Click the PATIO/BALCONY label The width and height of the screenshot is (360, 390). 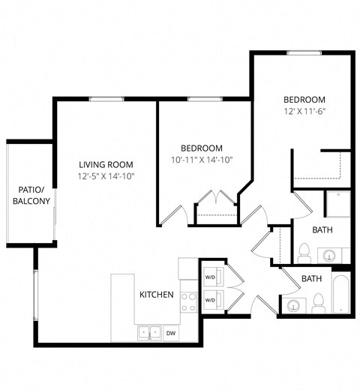[31, 195]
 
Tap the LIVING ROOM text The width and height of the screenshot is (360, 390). [106, 164]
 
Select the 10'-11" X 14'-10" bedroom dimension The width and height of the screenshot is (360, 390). [201, 160]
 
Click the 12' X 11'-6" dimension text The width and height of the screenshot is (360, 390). [304, 112]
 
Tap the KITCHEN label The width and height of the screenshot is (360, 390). [157, 295]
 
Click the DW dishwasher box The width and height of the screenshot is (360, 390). [171, 331]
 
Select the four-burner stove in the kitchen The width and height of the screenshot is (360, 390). [188, 301]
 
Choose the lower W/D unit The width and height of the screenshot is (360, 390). [211, 299]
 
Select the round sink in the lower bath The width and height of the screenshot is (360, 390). [293, 306]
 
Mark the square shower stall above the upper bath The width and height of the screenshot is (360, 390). [337, 204]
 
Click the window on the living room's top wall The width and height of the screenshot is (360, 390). [106, 98]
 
